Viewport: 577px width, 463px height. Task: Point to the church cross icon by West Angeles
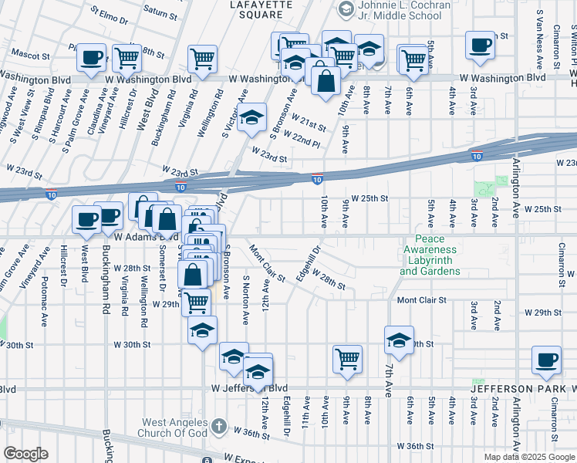[218, 425]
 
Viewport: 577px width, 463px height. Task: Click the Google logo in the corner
[25, 454]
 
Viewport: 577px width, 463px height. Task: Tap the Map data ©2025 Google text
[529, 457]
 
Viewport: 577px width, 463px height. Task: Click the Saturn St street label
[160, 13]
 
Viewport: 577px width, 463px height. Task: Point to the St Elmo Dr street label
[108, 13]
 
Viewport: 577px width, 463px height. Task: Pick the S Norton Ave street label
[246, 299]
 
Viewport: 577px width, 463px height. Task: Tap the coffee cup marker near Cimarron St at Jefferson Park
[547, 360]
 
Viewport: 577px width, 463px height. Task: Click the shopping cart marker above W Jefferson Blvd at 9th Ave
[348, 358]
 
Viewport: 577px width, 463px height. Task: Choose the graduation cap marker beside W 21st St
[251, 118]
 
